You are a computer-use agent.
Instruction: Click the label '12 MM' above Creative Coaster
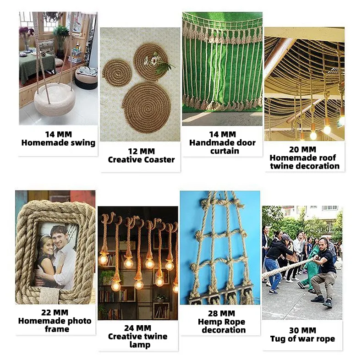(141, 152)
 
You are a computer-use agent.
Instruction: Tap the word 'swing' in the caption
(83, 143)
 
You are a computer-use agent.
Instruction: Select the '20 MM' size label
(302, 149)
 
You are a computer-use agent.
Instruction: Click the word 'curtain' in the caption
(225, 151)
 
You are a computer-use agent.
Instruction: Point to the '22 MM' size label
(55, 312)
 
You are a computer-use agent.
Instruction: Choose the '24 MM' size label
(137, 328)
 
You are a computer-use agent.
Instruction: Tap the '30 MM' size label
(302, 331)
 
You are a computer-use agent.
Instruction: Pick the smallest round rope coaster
(117, 72)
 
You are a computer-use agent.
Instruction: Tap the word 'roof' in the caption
(327, 158)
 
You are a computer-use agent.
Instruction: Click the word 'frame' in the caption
(57, 329)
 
